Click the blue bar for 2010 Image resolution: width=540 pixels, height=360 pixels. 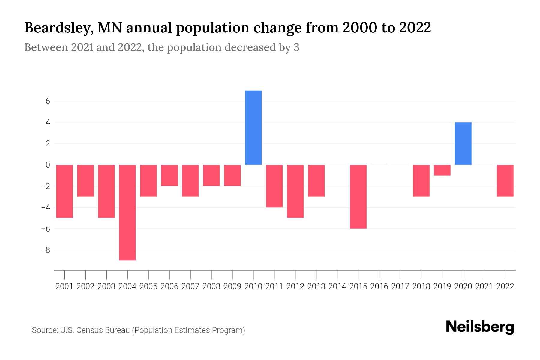point(253,127)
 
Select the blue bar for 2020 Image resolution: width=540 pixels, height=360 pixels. point(463,143)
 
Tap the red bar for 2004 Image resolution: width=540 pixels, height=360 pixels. point(127,212)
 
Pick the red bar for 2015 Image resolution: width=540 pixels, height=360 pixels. point(358,196)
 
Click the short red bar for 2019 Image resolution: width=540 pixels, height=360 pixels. point(442,170)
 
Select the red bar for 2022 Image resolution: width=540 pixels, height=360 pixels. point(505,181)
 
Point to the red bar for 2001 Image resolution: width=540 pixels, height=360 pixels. point(64,191)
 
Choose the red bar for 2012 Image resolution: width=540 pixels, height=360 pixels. point(295,191)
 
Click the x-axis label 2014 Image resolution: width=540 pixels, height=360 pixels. point(337,286)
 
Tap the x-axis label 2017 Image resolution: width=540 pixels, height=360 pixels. point(400,286)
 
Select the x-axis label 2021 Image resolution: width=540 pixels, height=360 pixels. point(484,286)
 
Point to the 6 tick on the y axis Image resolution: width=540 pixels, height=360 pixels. point(48,101)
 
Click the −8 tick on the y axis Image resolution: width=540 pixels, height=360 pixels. point(46,250)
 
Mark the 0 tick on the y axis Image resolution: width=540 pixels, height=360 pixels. point(48,165)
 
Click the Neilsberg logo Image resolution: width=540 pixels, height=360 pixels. point(480,327)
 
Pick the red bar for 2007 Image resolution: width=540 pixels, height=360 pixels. point(190,181)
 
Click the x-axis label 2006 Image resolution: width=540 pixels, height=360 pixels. point(169,286)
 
